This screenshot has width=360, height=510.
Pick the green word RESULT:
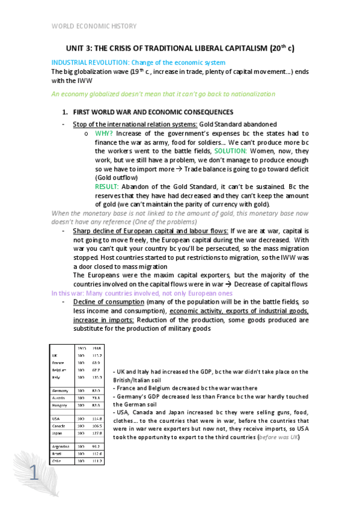(x=108, y=187)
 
